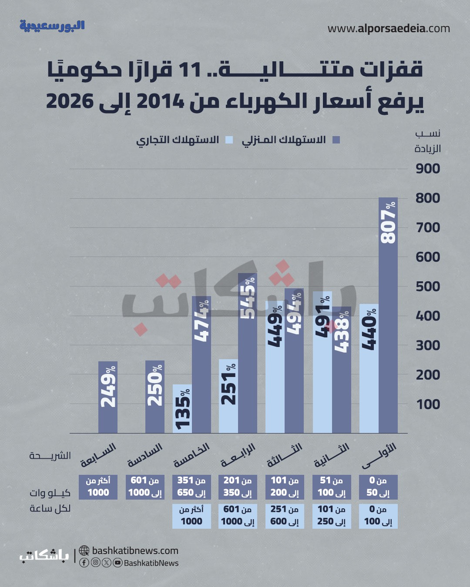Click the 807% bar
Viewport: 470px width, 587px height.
coord(388,315)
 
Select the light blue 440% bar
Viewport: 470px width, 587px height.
coord(369,368)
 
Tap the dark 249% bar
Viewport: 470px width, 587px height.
coord(108,397)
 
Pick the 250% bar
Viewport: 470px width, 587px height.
coord(154,397)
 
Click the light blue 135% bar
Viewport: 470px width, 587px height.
coord(182,409)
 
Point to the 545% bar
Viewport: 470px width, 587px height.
coord(248,353)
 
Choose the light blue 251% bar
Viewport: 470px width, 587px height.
coord(228,396)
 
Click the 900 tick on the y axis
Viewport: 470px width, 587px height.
coord(428,169)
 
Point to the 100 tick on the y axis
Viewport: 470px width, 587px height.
coord(428,404)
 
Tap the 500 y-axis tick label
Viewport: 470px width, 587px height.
coord(428,287)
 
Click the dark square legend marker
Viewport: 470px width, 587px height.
coord(336,140)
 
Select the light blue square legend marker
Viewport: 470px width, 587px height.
coord(229,140)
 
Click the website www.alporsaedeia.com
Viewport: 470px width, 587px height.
coord(389,29)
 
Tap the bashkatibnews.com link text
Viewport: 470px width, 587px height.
coord(135,550)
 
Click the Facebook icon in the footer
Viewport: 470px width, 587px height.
coord(84,563)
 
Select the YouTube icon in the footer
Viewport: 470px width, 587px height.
coord(117,563)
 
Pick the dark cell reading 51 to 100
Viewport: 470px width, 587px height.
coord(332,487)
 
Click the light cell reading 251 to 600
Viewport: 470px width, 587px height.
coord(285,515)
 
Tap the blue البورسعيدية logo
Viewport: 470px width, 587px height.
coord(52,26)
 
